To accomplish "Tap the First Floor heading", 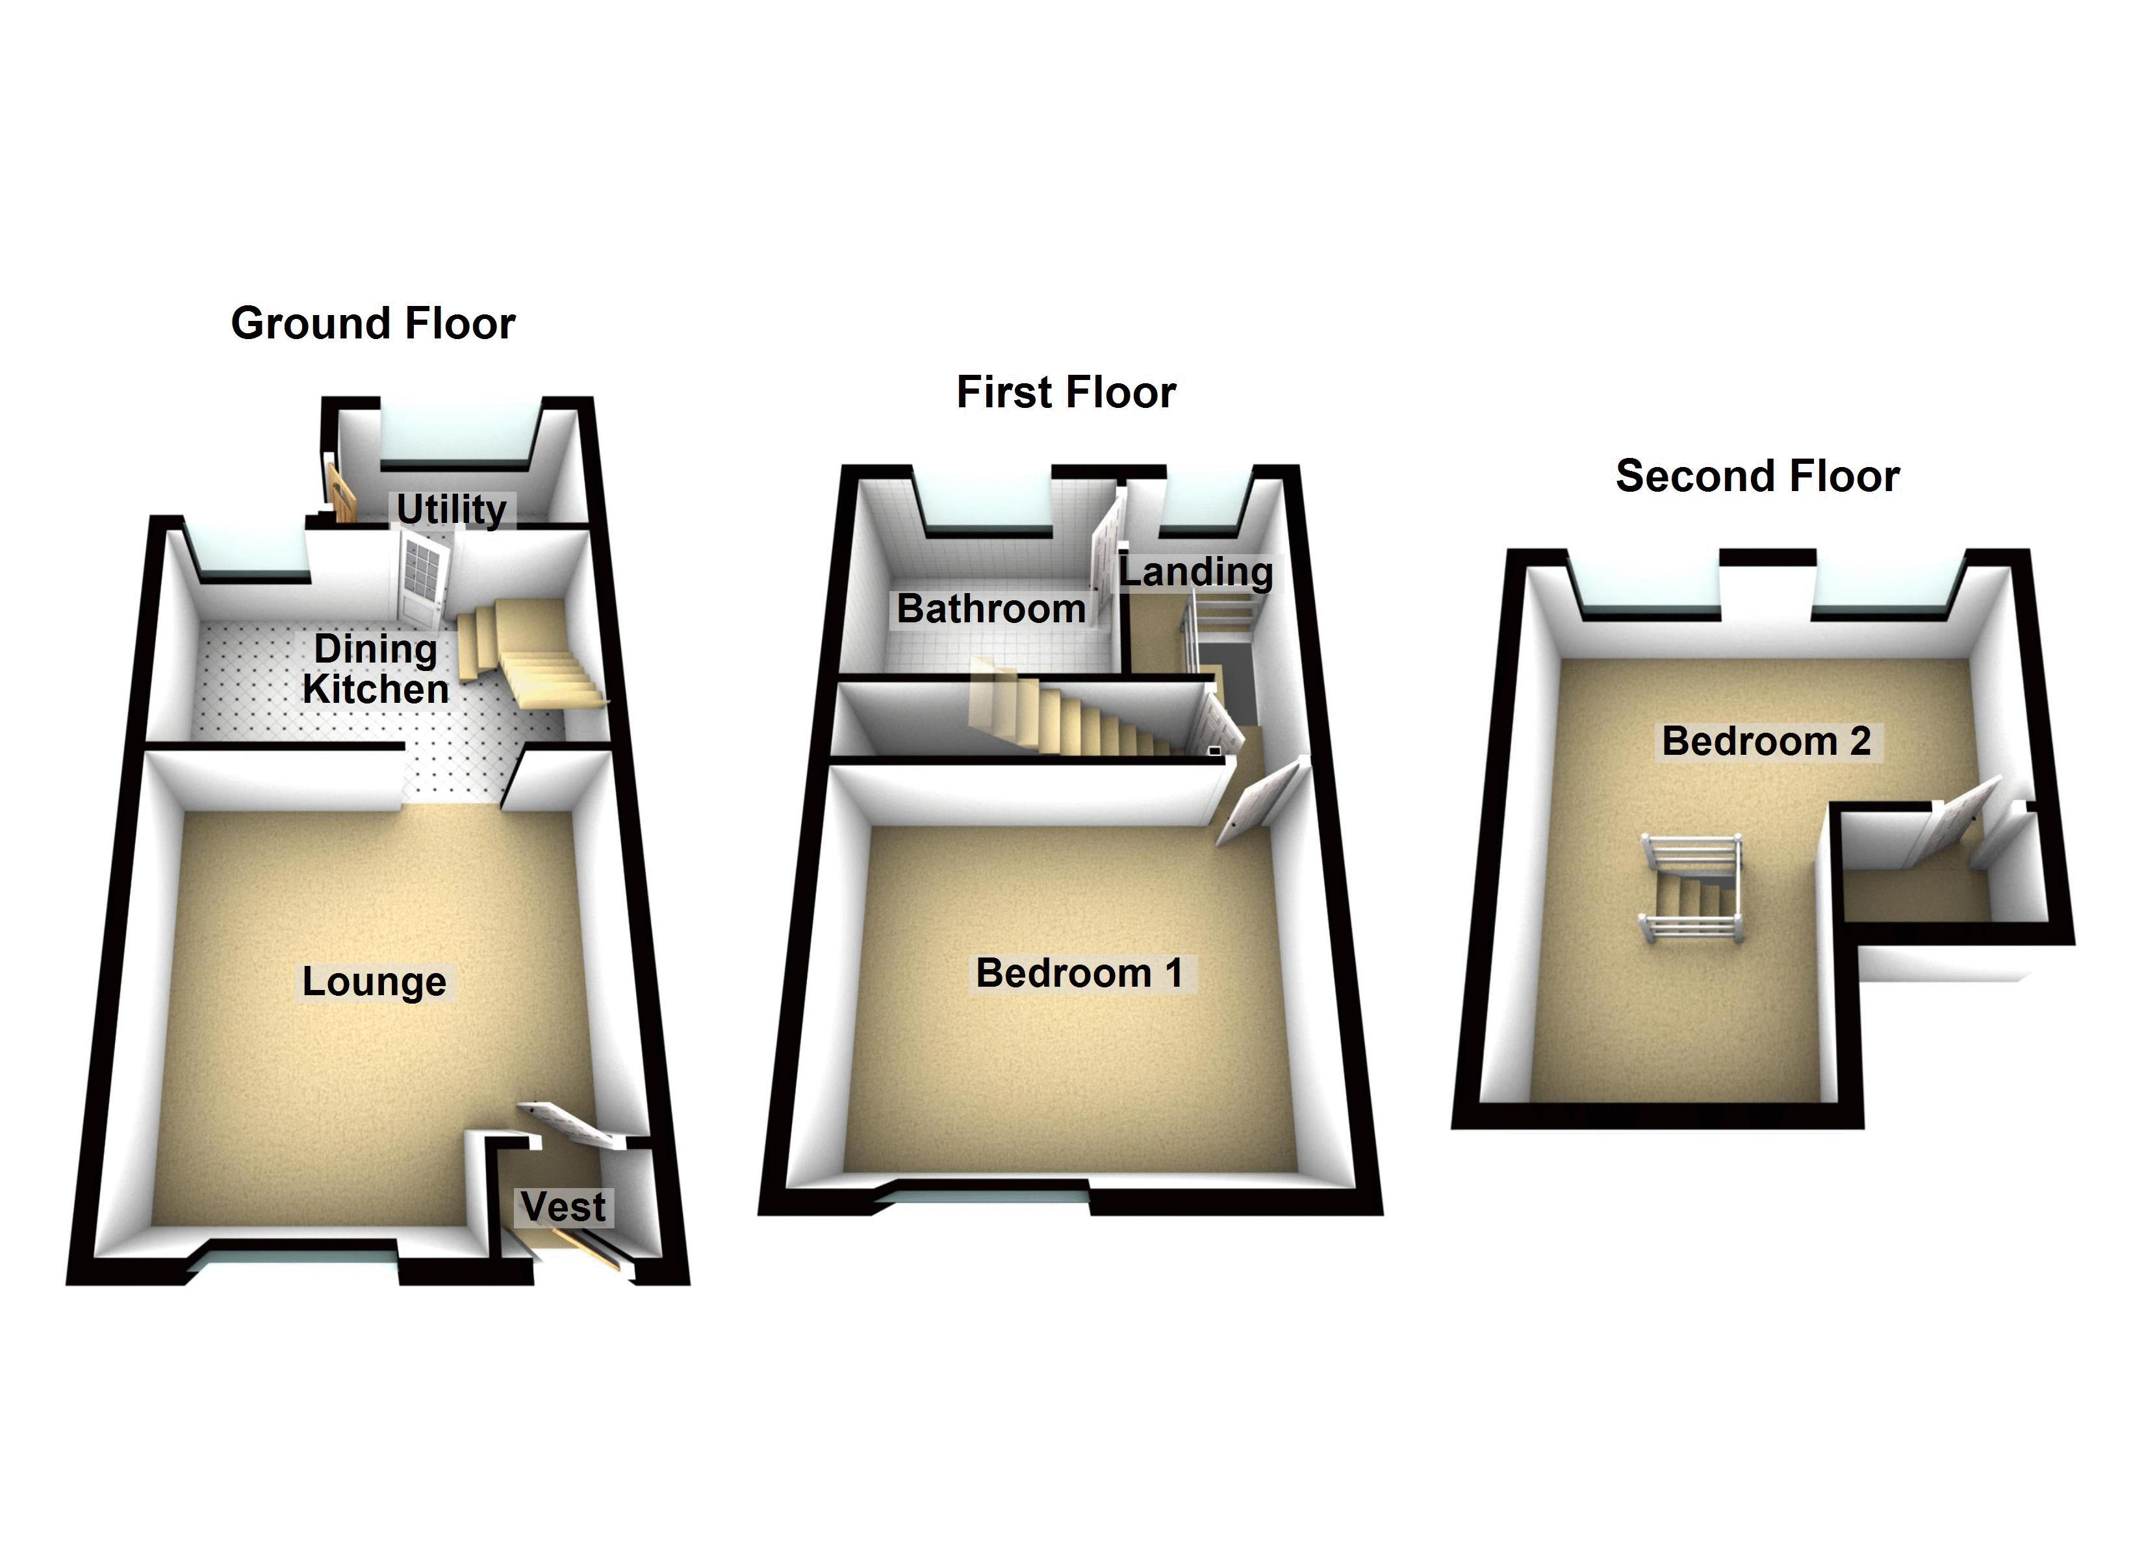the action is pyautogui.click(x=1066, y=392).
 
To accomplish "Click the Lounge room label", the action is pyautogui.click(x=374, y=982).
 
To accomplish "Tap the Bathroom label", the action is pyautogui.click(x=991, y=609).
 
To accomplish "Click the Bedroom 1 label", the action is pyautogui.click(x=1080, y=973).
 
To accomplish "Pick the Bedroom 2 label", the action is pyautogui.click(x=1766, y=741).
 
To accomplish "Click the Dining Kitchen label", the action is pyautogui.click(x=376, y=668).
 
